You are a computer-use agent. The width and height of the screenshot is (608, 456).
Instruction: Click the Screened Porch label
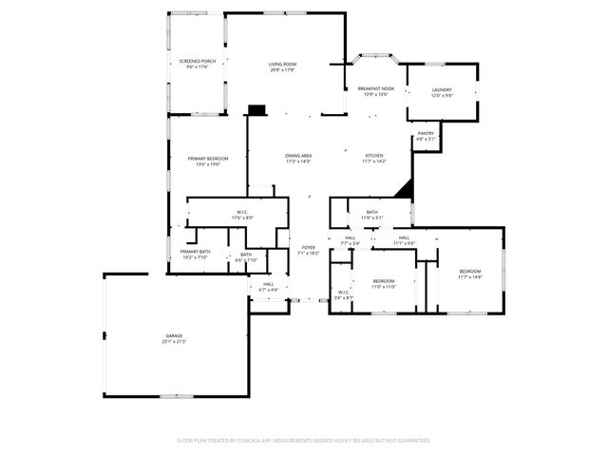click(x=198, y=61)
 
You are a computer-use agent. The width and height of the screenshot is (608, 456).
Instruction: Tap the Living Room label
click(x=283, y=63)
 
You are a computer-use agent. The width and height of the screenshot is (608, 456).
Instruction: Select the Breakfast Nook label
click(x=375, y=88)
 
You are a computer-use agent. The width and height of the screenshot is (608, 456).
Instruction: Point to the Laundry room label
click(x=442, y=90)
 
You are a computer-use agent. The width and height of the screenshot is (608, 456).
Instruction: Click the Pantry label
click(x=426, y=134)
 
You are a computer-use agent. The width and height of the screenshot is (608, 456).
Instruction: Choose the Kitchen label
click(x=374, y=156)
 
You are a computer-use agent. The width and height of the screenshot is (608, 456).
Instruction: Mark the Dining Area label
click(x=298, y=156)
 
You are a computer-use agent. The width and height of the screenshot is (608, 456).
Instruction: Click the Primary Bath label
click(x=196, y=251)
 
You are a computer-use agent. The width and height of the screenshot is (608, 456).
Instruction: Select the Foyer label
click(x=308, y=248)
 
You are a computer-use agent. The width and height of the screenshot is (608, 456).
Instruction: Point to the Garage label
click(x=175, y=336)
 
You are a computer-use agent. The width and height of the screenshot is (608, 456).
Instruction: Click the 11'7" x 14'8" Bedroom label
click(x=470, y=271)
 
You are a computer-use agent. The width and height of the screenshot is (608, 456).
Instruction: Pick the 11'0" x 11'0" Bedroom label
click(x=384, y=281)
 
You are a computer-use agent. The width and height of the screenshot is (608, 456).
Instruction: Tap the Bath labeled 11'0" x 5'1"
click(x=371, y=212)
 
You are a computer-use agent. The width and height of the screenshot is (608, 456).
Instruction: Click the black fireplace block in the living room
click(x=256, y=109)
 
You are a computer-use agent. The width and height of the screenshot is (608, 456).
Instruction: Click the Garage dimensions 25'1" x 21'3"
click(x=175, y=342)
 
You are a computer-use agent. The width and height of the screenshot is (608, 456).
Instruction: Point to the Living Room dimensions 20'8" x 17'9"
click(x=283, y=69)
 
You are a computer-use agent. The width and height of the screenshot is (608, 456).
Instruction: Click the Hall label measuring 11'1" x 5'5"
click(x=404, y=237)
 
